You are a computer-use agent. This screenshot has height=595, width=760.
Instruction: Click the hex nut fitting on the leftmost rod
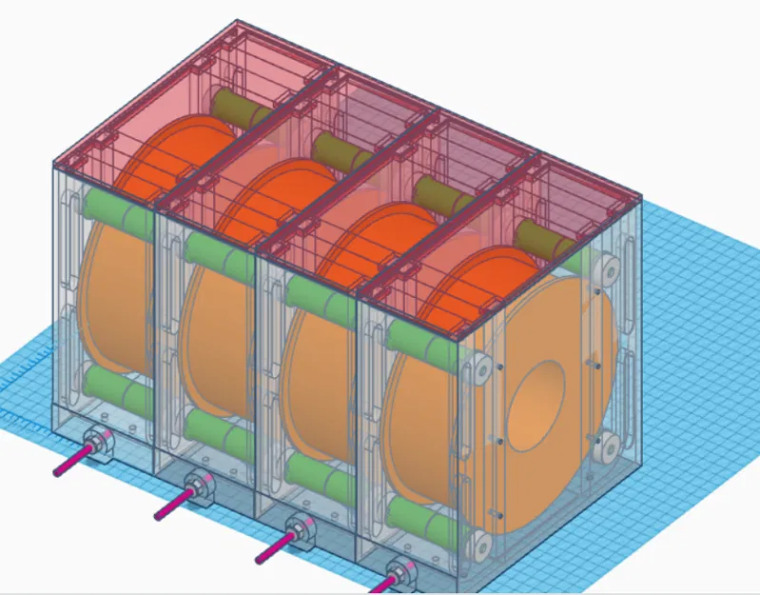98,443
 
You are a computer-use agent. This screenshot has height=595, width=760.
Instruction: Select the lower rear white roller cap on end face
605,446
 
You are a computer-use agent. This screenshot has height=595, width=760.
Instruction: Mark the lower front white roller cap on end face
480,545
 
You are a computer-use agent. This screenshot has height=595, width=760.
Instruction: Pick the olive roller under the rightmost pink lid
546,237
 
